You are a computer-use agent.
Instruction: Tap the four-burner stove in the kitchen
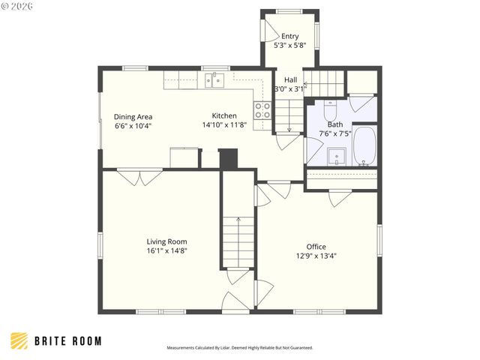pyautogui.click(x=262, y=111)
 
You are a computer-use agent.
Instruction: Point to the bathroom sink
pyautogui.click(x=337, y=156)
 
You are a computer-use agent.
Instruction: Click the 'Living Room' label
pyautogui.click(x=166, y=241)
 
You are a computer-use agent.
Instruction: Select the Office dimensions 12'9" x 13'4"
pyautogui.click(x=316, y=256)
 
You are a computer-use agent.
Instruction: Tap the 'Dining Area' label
pyautogui.click(x=133, y=116)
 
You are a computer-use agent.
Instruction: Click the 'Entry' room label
pyautogui.click(x=289, y=36)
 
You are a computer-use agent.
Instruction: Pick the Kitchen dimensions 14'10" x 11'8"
pyautogui.click(x=224, y=125)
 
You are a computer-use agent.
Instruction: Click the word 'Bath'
pyautogui.click(x=334, y=124)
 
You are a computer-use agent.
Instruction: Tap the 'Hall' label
pyautogui.click(x=290, y=79)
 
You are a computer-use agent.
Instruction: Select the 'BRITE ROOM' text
pyautogui.click(x=68, y=341)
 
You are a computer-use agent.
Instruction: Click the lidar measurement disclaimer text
pyautogui.click(x=239, y=348)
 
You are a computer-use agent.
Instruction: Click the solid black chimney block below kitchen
pyautogui.click(x=227, y=159)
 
